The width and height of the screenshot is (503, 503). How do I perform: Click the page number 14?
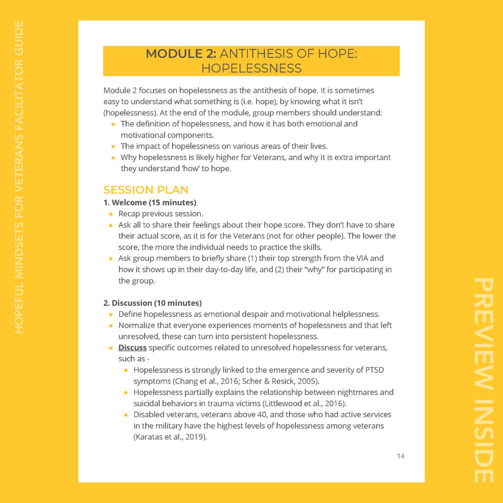[401, 456]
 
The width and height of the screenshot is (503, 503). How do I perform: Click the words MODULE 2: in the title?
[181, 54]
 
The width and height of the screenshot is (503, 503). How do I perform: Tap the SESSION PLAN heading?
[146, 190]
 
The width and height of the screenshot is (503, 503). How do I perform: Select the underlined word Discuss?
[132, 347]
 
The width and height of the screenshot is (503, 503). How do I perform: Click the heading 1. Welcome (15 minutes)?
[150, 203]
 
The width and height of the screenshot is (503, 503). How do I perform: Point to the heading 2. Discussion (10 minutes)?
[152, 303]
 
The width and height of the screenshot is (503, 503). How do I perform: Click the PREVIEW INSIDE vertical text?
[483, 380]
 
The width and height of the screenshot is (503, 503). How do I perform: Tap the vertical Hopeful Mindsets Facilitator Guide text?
[19, 177]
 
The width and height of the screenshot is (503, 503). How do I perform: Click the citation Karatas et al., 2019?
[170, 437]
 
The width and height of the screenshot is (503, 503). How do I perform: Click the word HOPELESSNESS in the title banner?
[251, 68]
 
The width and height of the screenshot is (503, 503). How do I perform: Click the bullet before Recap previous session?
[111, 214]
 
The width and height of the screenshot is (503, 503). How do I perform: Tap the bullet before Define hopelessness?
[111, 314]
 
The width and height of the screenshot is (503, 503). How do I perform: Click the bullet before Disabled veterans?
[126, 414]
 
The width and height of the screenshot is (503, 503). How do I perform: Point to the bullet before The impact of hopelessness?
[113, 146]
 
